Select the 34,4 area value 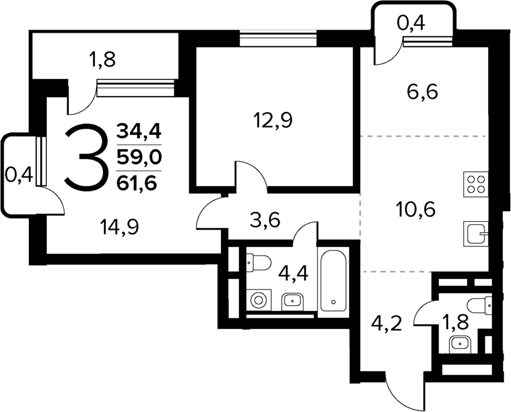(139, 131)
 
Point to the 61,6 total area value (139, 181)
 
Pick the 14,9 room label (119, 227)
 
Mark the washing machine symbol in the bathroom (258, 301)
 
